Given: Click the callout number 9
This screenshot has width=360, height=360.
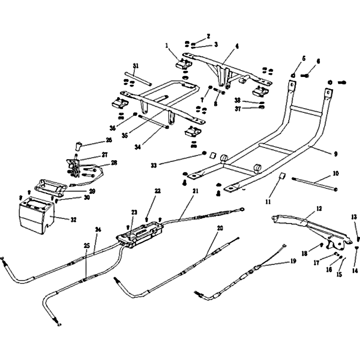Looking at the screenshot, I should [335, 154].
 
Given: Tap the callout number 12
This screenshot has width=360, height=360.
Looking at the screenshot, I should [319, 208].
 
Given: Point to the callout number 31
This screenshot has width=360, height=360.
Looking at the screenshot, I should [135, 66].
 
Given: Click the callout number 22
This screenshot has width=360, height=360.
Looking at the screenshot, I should [157, 191].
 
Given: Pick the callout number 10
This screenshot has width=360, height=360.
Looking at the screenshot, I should [336, 173].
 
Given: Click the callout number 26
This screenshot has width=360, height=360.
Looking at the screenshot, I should [108, 139].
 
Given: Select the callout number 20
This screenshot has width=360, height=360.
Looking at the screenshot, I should [220, 228].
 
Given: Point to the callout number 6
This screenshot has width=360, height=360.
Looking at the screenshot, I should [318, 61].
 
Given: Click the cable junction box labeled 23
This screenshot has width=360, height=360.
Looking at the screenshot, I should [137, 236].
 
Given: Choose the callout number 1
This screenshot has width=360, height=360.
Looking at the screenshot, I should [166, 45].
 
